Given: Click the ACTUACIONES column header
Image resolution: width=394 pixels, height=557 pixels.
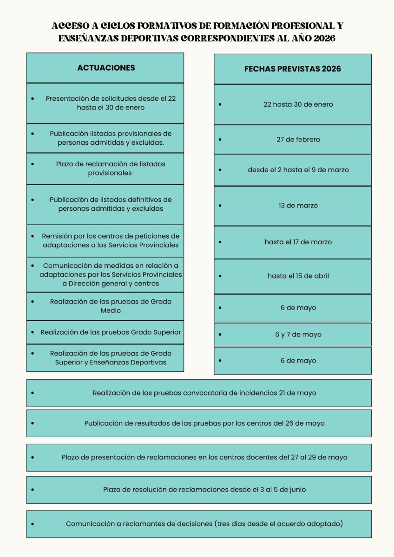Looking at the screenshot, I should pos(106,68).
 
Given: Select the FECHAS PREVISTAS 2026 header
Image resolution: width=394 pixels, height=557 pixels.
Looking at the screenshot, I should pos(293,69).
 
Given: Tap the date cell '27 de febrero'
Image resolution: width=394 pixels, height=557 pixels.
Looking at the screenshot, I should pos(298,139).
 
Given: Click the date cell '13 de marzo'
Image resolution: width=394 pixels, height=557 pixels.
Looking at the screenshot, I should pos(298,205).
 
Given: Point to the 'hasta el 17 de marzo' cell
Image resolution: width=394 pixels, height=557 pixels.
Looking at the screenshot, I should pos(298,242).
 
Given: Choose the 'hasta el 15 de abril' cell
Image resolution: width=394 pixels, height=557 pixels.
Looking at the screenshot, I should pos(298,276).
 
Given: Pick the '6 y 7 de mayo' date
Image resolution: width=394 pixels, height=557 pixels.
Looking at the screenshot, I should pos(298,334).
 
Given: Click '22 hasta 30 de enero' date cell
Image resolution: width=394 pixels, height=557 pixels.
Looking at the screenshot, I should pos(298,104).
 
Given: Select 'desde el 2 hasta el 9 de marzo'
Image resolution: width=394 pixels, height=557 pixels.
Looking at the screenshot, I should pos(298,170).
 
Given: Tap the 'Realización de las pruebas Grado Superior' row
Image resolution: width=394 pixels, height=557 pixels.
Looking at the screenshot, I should pos(111,332).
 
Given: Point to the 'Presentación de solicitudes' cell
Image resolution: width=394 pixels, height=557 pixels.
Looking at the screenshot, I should pos(111,103).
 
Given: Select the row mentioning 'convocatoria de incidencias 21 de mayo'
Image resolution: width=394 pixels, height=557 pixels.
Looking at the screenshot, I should pos(204,393).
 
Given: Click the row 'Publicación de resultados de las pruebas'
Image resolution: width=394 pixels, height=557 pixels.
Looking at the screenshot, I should pos(204,423).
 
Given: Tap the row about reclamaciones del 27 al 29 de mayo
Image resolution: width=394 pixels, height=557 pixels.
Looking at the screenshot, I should pos(204,457).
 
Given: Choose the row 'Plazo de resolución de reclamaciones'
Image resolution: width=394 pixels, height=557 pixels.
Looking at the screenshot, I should pos(204,490).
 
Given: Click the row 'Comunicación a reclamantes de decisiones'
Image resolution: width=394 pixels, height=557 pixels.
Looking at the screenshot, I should pos(204,524).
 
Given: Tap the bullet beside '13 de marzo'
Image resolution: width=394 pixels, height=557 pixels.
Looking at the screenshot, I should pos(220,205).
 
